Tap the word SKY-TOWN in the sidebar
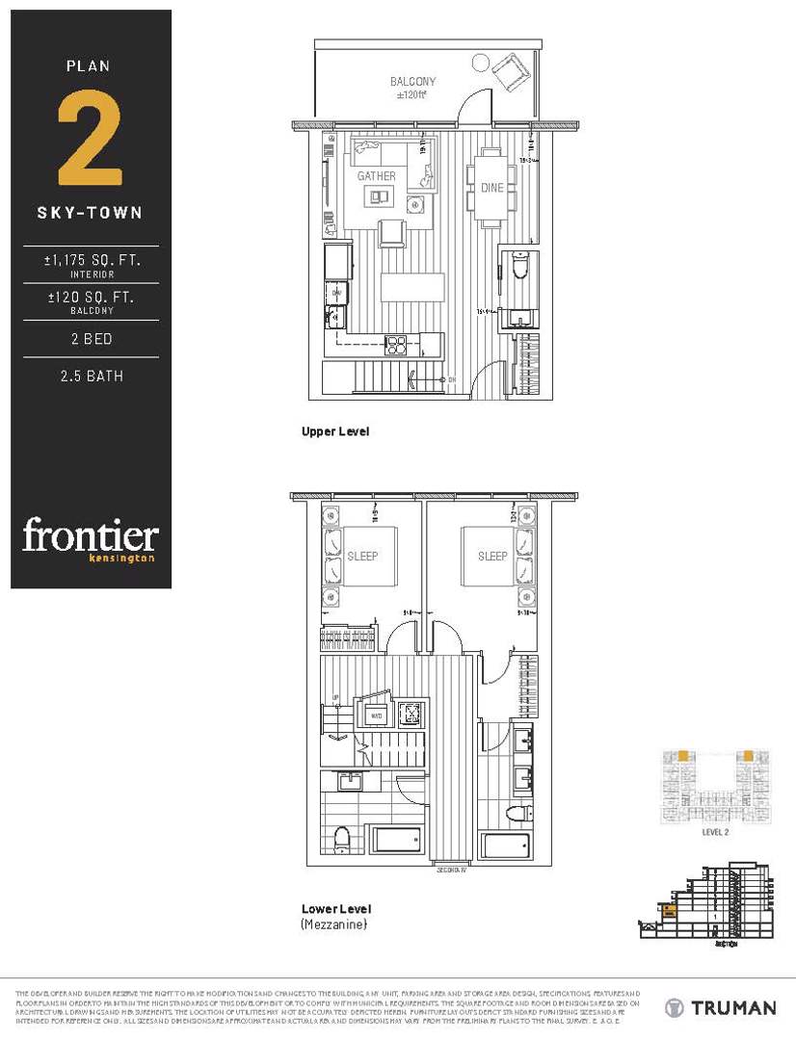90,213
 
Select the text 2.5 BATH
91,376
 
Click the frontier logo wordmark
90,535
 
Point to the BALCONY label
412,82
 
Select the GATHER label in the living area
376,176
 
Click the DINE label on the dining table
491,188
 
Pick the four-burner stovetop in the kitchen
397,345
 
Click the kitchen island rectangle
412,288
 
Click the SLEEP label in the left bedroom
362,556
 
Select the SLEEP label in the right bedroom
492,556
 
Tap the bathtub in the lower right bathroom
505,845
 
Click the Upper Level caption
334,431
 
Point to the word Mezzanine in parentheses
334,924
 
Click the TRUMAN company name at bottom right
733,1008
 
